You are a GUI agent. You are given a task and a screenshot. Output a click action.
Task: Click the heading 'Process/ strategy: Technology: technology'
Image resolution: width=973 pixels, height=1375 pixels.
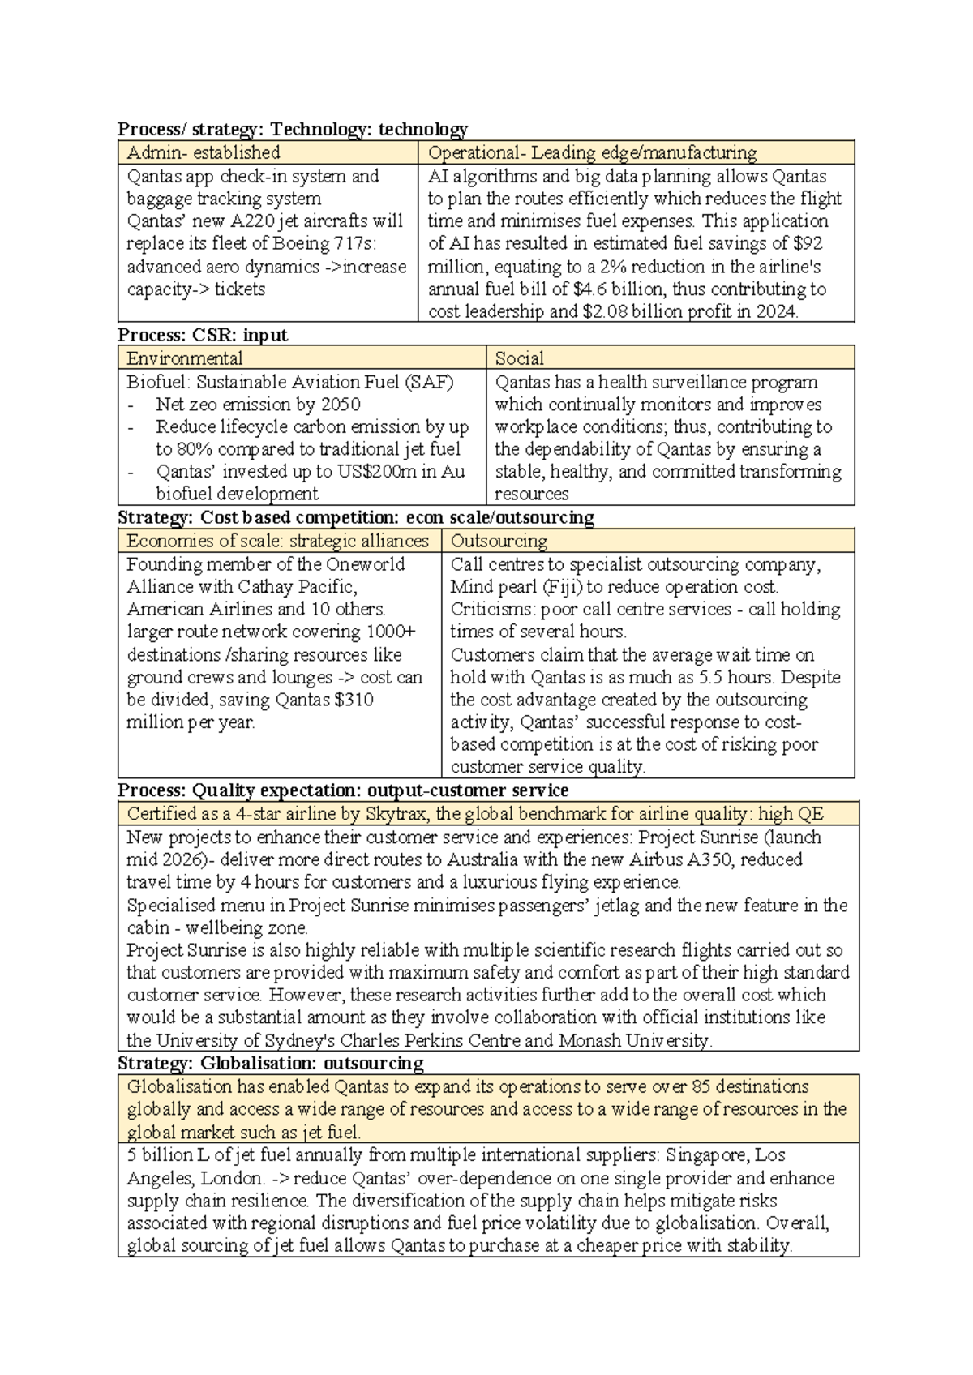pos(293,129)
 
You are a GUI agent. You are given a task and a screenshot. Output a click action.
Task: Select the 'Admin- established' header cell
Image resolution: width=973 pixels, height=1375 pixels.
pos(204,152)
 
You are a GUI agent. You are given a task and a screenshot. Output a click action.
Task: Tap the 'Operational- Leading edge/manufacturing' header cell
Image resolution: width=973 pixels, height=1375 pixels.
pos(592,152)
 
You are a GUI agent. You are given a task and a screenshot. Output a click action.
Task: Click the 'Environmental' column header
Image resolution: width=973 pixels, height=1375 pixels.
pos(184,358)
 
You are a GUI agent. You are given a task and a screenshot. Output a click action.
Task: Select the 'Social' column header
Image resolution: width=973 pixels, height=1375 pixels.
pos(519,358)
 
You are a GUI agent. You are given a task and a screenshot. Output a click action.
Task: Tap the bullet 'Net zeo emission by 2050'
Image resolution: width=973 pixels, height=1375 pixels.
pos(258,405)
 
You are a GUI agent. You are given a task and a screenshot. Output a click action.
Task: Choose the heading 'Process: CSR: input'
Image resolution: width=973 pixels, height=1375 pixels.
pos(203,335)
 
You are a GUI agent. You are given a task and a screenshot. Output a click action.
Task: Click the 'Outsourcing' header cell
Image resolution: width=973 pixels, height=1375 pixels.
pos(499,541)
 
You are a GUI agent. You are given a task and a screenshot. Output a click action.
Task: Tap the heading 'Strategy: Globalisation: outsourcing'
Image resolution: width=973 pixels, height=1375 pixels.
pos(271,1063)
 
